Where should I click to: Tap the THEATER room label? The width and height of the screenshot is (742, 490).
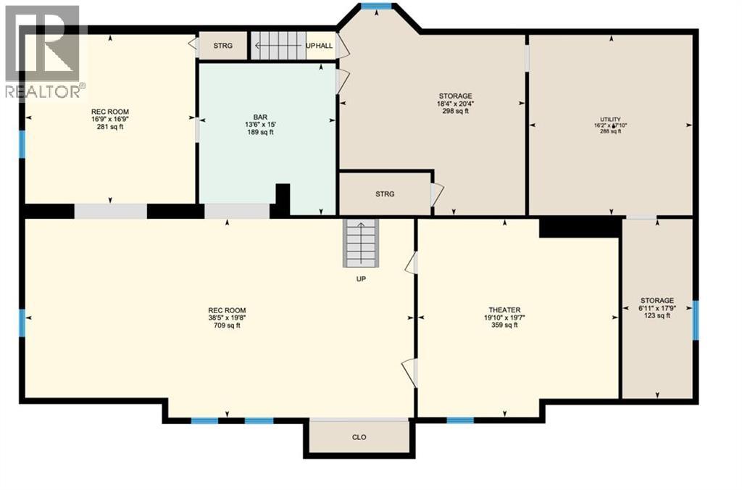coord(504,310)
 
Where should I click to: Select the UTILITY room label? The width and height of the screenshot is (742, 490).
coord(609,119)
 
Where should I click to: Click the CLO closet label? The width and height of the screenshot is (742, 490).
coord(359,437)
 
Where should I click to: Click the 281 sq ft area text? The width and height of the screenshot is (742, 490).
coord(110,127)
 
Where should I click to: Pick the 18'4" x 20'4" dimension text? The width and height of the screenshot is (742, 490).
coord(456,104)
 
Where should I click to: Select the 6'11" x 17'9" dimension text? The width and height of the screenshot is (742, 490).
coord(657,308)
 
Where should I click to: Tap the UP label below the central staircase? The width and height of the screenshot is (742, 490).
coord(360,278)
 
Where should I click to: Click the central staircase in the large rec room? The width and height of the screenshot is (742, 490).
coord(360,244)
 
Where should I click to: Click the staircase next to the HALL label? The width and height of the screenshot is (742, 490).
coord(278,46)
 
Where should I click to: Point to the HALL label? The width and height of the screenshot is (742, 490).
coord(324,46)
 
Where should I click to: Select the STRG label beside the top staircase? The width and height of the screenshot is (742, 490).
coord(222,46)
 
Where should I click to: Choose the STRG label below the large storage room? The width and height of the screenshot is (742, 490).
coord(385,194)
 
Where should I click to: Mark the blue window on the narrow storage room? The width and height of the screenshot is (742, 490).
coord(695,320)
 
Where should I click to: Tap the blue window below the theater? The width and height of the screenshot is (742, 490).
coord(460,420)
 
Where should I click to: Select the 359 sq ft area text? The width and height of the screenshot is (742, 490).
coord(504,325)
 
